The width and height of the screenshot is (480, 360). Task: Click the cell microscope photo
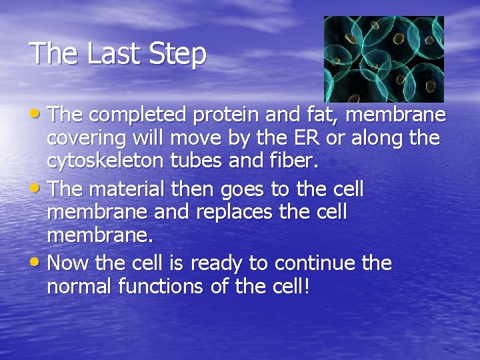383,59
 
